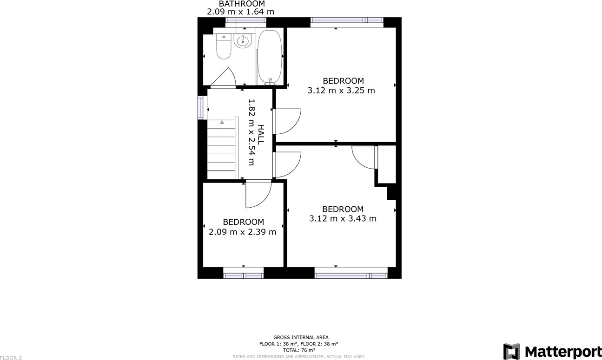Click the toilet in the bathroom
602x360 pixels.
point(224,46)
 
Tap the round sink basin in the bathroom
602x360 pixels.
point(243,41)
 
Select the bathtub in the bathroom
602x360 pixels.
point(270,57)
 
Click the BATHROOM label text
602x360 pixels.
point(242,4)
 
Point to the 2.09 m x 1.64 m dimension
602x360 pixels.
point(240,12)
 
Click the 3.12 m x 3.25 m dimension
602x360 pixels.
point(341,91)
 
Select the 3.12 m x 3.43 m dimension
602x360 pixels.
point(343,218)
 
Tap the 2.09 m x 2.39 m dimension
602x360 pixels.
point(242,232)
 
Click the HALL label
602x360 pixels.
point(261,135)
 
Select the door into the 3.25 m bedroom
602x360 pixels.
point(287,121)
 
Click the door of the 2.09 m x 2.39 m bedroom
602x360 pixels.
point(258,194)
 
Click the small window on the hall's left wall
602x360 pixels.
point(200,108)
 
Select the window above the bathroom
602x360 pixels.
point(245,20)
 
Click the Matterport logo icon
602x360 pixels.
point(511,351)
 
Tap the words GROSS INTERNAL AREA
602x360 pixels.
point(301,337)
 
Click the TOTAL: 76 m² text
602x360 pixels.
point(299,350)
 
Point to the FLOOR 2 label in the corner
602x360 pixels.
point(11,358)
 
